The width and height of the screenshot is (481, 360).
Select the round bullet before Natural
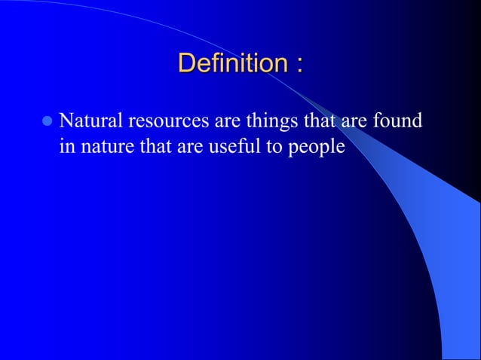click(47, 121)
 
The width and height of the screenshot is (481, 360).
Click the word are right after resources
click(218, 122)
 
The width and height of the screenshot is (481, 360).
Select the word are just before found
click(356, 122)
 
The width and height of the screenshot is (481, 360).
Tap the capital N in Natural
click(66, 121)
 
